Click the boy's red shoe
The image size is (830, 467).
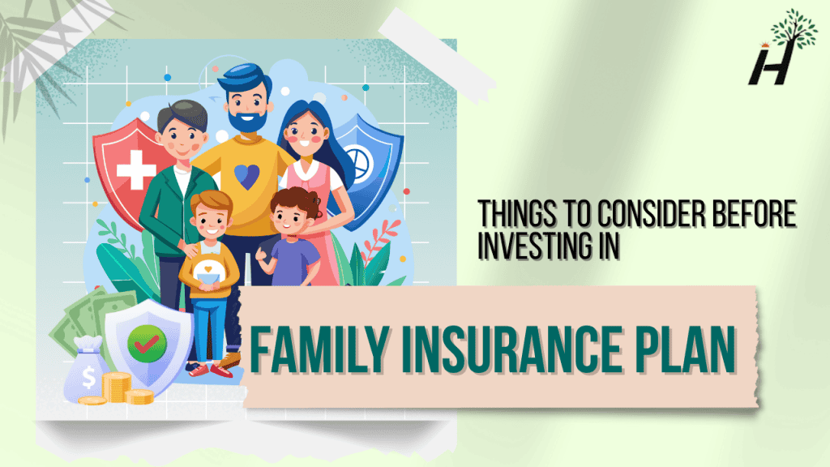pos(220,370)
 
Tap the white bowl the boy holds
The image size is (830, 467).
pos(209,275)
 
